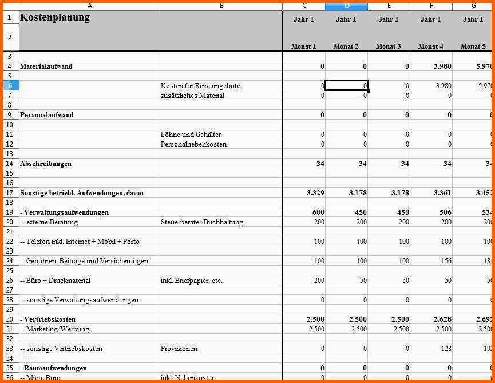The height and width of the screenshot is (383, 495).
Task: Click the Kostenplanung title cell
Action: [x=55, y=17]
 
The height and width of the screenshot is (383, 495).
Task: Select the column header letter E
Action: [x=389, y=6]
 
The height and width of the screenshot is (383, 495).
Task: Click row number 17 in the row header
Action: [x=9, y=193]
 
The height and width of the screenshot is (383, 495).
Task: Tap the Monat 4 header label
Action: [x=430, y=46]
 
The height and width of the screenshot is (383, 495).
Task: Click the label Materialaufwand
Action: [x=46, y=66]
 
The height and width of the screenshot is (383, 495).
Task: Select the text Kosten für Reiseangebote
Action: [x=201, y=86]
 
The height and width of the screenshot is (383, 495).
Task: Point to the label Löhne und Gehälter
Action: [x=192, y=135]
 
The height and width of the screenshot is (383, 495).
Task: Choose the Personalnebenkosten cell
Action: [x=194, y=144]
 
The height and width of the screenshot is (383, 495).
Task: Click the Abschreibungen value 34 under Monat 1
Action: [x=320, y=164]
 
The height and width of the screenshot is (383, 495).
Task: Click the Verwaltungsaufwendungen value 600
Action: [x=318, y=212]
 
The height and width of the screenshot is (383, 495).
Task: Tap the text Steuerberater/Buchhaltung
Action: [x=202, y=222]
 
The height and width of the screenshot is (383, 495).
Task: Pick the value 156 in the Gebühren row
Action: [x=446, y=261]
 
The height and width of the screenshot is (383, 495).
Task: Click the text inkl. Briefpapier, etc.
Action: [x=192, y=281]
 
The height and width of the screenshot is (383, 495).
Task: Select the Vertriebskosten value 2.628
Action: [x=439, y=319]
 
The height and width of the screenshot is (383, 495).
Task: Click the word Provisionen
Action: [x=179, y=348]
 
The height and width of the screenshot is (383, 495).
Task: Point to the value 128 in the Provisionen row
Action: [x=446, y=348]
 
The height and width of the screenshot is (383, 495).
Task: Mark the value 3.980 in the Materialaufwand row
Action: [x=439, y=66]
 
